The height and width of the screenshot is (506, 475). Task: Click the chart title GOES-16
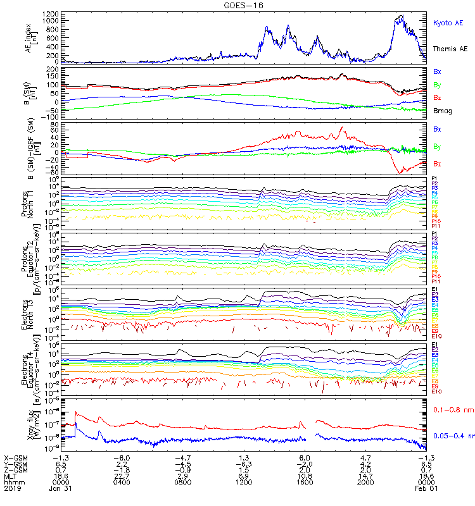[x=237, y=5]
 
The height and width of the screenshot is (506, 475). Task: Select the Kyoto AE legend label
[x=448, y=23]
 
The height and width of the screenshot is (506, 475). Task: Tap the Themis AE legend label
[x=450, y=49]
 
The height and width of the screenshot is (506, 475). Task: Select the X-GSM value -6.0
[x=122, y=457]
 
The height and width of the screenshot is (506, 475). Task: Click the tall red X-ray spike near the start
[x=76, y=412]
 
